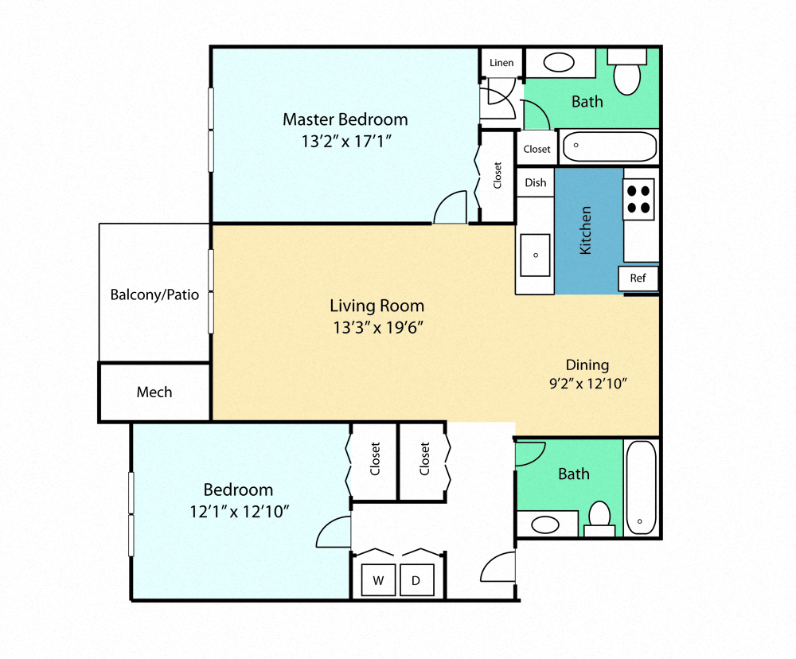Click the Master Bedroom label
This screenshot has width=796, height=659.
(345, 119)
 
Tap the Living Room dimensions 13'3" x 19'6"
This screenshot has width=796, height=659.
(377, 326)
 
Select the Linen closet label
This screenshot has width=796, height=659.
(501, 63)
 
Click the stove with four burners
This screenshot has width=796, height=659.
(638, 199)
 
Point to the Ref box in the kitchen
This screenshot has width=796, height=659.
(638, 279)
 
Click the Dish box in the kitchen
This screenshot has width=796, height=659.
(536, 182)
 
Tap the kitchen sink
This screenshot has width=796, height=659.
(535, 255)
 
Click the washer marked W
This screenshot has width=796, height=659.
(379, 581)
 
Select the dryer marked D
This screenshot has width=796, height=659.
(416, 581)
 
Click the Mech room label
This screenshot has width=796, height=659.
(154, 392)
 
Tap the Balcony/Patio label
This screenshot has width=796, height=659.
(154, 294)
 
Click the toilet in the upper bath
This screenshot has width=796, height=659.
(628, 73)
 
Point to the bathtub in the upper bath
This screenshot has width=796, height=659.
(609, 147)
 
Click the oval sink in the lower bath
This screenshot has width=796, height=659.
(545, 524)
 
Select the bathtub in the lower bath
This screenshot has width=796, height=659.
(641, 487)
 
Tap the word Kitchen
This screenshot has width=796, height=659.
(586, 230)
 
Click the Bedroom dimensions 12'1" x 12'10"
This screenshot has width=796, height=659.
(238, 511)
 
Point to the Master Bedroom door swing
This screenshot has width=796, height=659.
(450, 209)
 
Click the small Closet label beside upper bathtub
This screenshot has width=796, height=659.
(537, 149)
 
